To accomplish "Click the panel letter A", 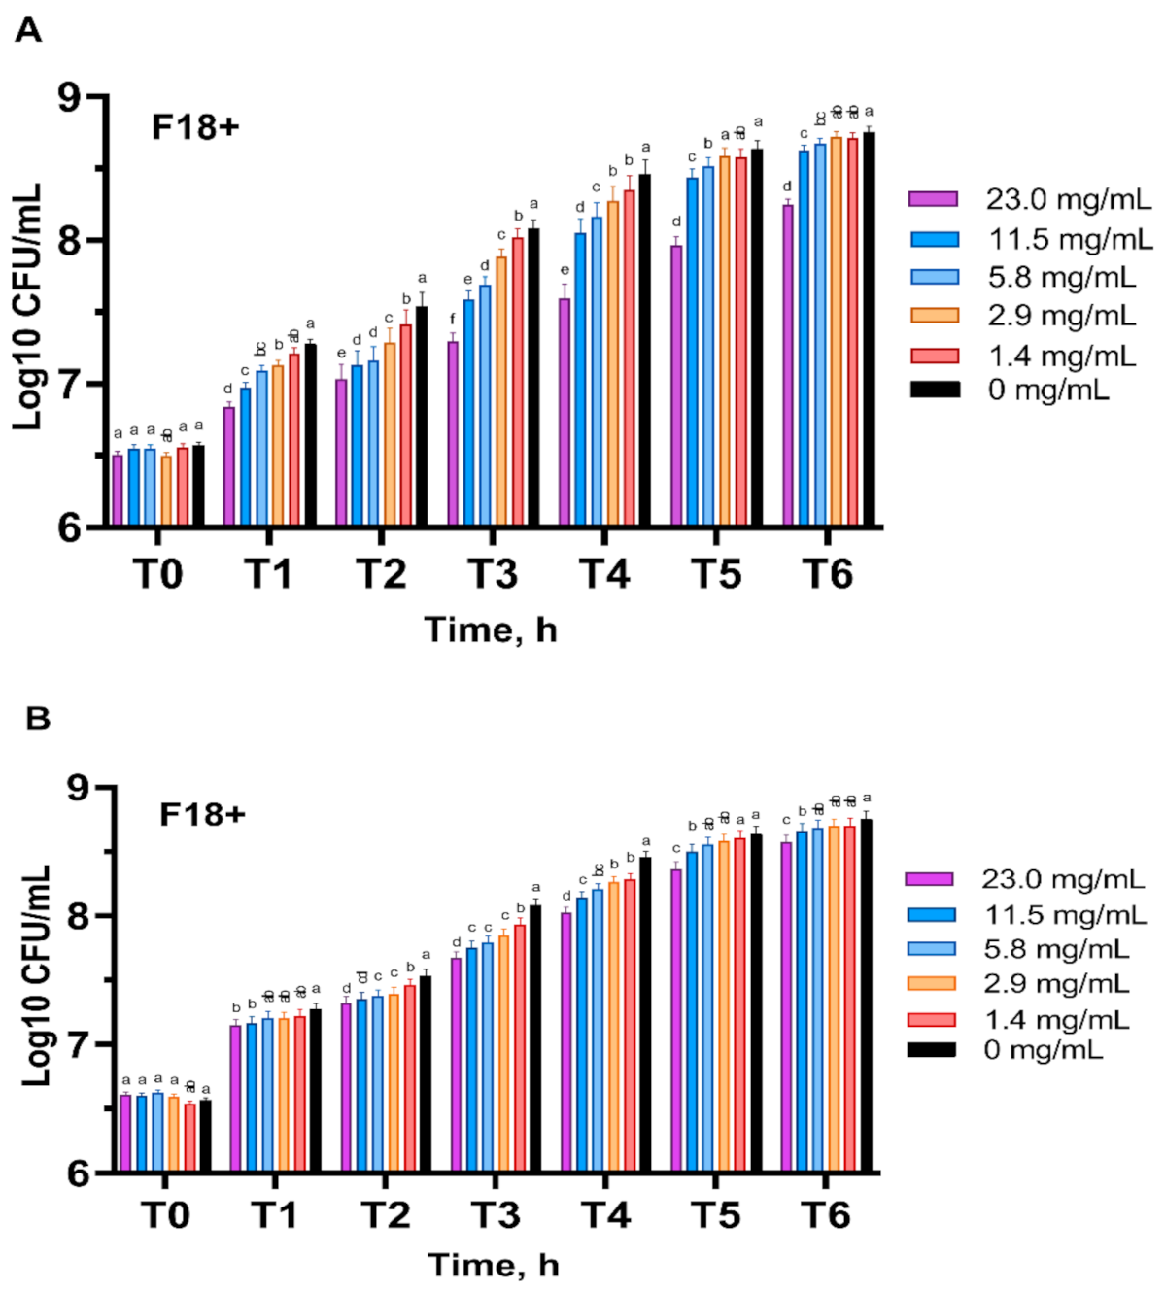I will (28, 31).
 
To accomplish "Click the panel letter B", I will (37, 719).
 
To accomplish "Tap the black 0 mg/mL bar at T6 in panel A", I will (869, 330).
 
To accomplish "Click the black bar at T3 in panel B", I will (535, 1039).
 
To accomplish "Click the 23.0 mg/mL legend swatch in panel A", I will (934, 199).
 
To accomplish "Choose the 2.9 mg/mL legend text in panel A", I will (1062, 316).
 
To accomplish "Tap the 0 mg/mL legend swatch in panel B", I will (931, 1050).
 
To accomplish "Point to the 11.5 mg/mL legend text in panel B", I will (1065, 915).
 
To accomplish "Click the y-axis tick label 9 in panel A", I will (70, 97).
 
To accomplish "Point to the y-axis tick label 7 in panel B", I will (78, 1045).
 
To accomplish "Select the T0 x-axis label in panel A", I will (157, 575).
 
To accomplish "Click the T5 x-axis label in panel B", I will (716, 1215).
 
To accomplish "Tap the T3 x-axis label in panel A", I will (493, 575).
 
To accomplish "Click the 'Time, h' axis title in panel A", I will (491, 630).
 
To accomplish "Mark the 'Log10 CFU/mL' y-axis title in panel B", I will (35, 974).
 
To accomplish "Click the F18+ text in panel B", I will (202, 815).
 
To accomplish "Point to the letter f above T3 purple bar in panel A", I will (452, 319).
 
